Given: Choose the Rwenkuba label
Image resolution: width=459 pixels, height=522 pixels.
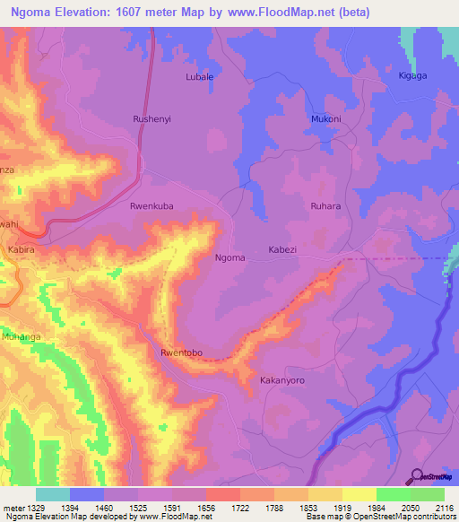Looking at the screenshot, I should tap(151, 205).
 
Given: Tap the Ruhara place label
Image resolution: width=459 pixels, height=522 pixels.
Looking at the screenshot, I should tap(325, 206).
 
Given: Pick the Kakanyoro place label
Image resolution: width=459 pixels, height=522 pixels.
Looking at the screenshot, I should tap(282, 380).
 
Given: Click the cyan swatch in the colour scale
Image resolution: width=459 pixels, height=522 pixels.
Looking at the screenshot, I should tap(52, 494).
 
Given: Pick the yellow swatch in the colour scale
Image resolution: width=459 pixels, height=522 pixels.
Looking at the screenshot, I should tap(359, 494).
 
